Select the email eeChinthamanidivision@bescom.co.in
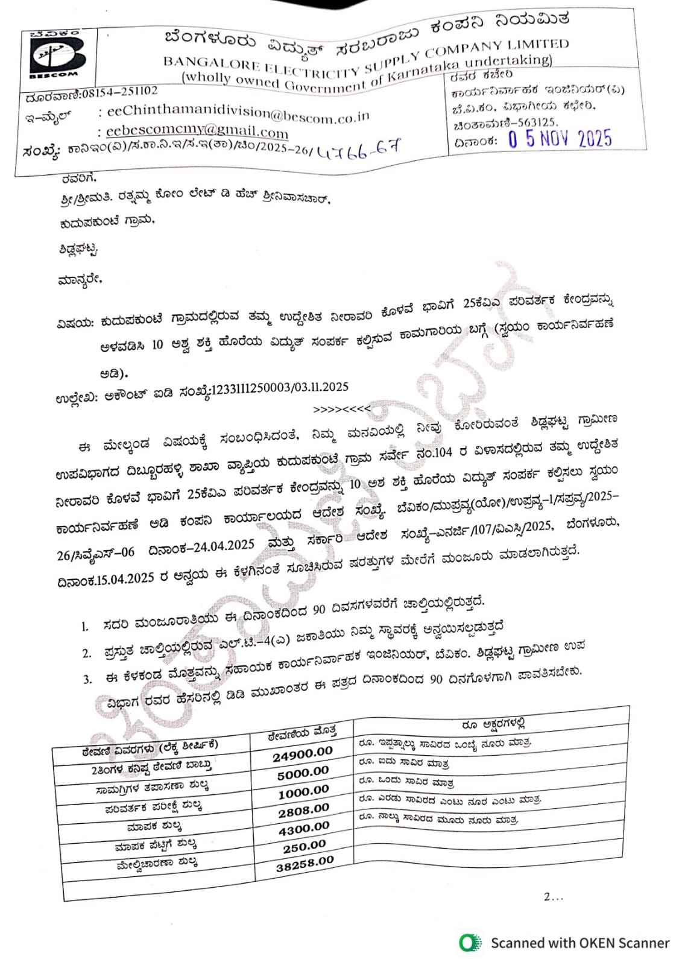pos(238,113)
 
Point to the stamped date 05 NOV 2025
pos(560,139)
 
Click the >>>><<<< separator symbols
pos(342,410)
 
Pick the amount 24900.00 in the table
pos(302,754)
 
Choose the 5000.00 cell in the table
pos(303,773)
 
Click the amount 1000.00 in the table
pos(303,791)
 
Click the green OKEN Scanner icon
pos(470,943)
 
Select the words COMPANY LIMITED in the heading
pos(513,46)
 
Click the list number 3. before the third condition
pos(87,679)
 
